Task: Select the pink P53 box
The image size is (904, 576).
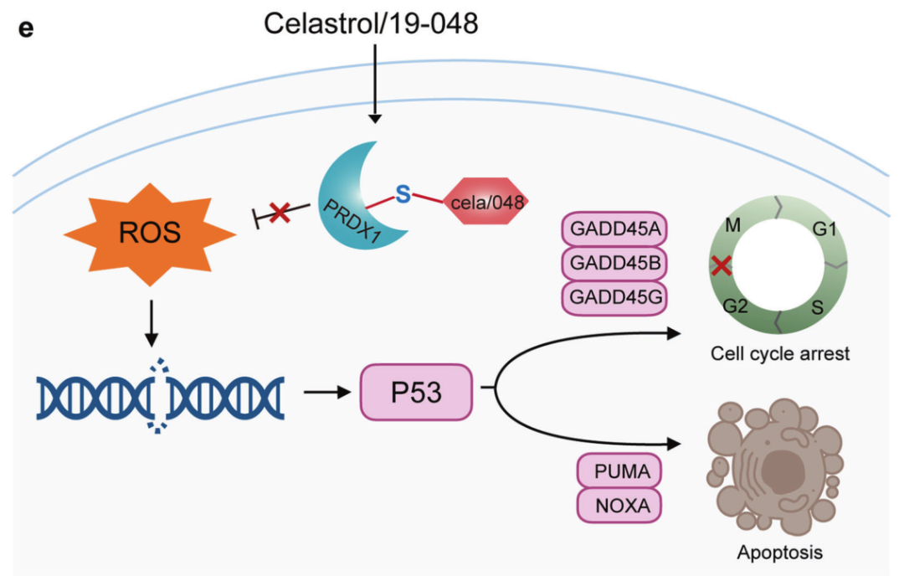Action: [416, 392]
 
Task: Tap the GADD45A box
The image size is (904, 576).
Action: [616, 229]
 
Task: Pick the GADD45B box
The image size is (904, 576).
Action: [616, 263]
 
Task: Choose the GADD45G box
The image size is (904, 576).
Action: [616, 296]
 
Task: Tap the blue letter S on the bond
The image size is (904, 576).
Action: [403, 193]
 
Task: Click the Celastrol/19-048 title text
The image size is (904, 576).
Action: [372, 23]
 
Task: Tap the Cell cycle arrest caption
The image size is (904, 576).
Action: [779, 353]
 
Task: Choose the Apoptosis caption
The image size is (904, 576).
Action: [779, 553]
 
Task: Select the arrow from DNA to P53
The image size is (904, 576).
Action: [326, 391]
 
